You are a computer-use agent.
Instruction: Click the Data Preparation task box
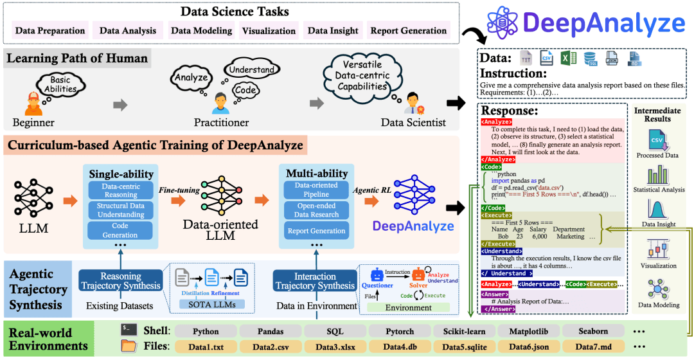50,30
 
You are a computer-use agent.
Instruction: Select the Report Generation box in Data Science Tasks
408,30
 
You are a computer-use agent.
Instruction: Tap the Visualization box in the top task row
269,30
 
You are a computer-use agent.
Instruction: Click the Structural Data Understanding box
121,210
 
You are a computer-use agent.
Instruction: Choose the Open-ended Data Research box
316,210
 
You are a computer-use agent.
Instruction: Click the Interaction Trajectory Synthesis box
315,281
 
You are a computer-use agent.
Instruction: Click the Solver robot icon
420,275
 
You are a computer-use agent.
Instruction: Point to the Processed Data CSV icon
657,139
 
